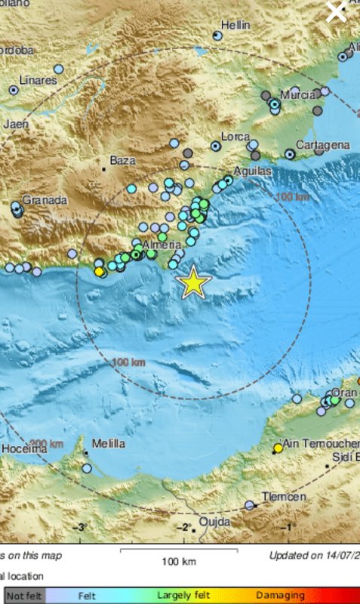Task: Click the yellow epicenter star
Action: point(194,282)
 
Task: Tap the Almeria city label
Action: point(162,245)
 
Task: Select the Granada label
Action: point(45,201)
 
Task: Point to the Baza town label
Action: point(121,161)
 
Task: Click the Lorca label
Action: point(235,137)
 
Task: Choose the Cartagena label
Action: point(322,144)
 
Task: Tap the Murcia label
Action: point(297,95)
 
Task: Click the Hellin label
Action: point(235,25)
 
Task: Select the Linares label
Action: point(38,80)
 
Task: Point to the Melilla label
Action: point(107,444)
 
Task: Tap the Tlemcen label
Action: point(284,497)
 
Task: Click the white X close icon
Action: point(336,11)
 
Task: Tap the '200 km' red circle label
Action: point(46,443)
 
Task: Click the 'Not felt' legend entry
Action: point(24,596)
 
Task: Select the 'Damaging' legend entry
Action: point(279,596)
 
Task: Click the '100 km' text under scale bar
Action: point(179,561)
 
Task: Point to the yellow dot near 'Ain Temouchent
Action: point(278,448)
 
